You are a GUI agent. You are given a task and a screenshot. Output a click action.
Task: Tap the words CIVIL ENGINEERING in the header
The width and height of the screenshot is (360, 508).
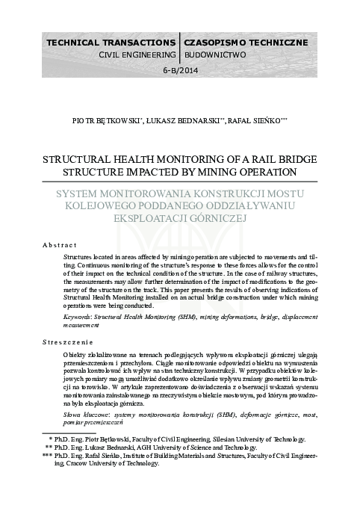pyautogui.click(x=137, y=55)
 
